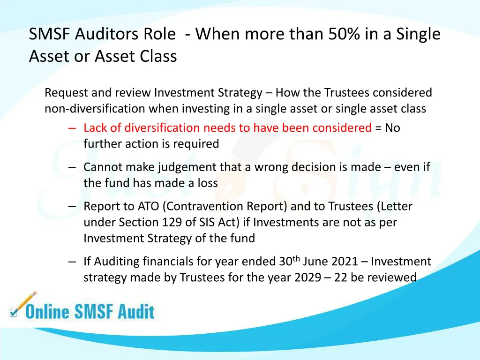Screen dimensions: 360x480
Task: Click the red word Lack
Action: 95,127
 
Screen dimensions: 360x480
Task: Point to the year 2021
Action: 344,262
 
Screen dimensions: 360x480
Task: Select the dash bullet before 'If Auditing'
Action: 72,262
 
